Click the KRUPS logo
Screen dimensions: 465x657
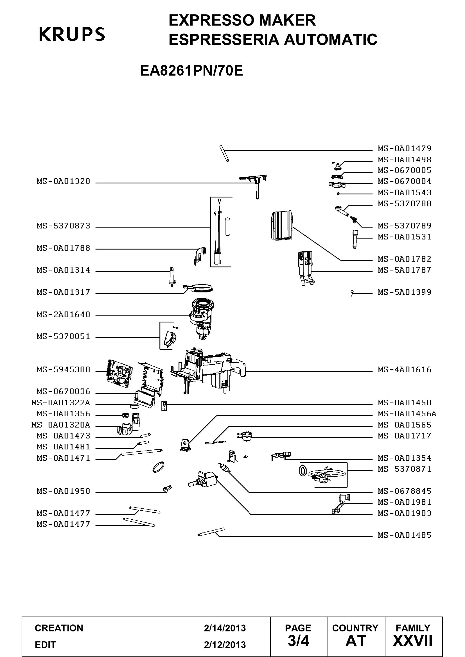click(x=72, y=34)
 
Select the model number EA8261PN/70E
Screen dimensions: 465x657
click(x=191, y=71)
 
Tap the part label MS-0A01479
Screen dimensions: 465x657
click(x=404, y=149)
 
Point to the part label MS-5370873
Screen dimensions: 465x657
click(x=63, y=226)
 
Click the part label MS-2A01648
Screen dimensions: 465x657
click(x=63, y=315)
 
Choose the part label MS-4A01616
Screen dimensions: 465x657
click(x=404, y=370)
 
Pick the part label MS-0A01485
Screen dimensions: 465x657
click(x=404, y=535)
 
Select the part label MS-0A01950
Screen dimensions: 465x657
click(x=63, y=491)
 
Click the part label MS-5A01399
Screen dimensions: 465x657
click(x=404, y=292)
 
